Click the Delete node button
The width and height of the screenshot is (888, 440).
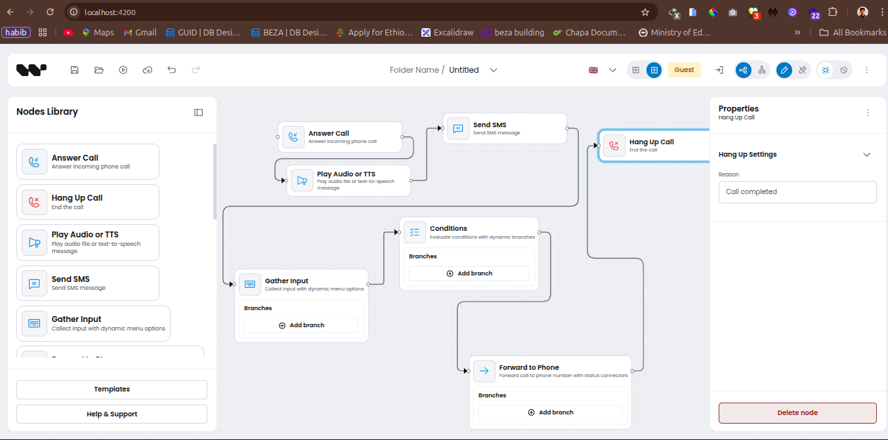797,413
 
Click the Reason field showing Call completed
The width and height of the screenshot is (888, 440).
797,192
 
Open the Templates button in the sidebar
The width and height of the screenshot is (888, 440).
112,390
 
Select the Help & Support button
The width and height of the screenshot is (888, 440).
112,414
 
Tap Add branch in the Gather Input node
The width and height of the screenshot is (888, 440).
301,325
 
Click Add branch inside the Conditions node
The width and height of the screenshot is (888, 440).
469,273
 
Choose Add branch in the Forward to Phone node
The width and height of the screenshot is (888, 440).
550,412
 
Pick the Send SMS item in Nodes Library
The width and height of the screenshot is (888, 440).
88,283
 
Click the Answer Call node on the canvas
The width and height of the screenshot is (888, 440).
340,136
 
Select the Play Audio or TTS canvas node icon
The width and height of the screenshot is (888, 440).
302,180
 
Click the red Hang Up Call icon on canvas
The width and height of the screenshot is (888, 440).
614,146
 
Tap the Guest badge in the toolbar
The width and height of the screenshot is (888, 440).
684,70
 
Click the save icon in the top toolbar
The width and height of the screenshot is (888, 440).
75,70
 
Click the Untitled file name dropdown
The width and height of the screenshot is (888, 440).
473,70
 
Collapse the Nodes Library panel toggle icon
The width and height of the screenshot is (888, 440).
199,112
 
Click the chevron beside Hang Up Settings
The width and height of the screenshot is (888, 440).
866,155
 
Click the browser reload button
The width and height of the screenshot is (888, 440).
51,12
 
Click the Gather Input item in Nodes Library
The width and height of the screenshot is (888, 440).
93,323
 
